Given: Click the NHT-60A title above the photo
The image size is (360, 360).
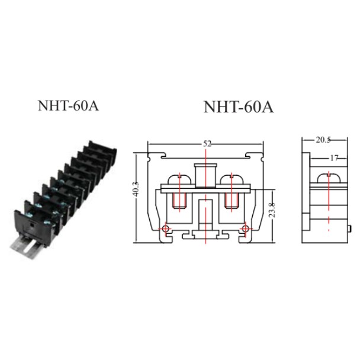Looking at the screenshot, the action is pyautogui.click(x=68, y=106).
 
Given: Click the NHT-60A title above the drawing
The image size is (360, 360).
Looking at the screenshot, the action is pyautogui.click(x=239, y=107).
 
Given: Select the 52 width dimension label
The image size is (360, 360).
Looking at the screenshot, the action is pyautogui.click(x=207, y=144).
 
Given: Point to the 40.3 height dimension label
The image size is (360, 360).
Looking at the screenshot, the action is pyautogui.click(x=136, y=189).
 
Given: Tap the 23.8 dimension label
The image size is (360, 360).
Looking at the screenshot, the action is pyautogui.click(x=272, y=210).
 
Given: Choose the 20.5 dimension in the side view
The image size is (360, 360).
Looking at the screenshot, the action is pyautogui.click(x=323, y=140).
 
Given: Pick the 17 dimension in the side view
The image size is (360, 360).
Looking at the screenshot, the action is pyautogui.click(x=334, y=158).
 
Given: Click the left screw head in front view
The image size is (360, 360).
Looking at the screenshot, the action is pyautogui.click(x=179, y=179).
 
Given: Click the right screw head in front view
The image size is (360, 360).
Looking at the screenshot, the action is pyautogui.click(x=232, y=179).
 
